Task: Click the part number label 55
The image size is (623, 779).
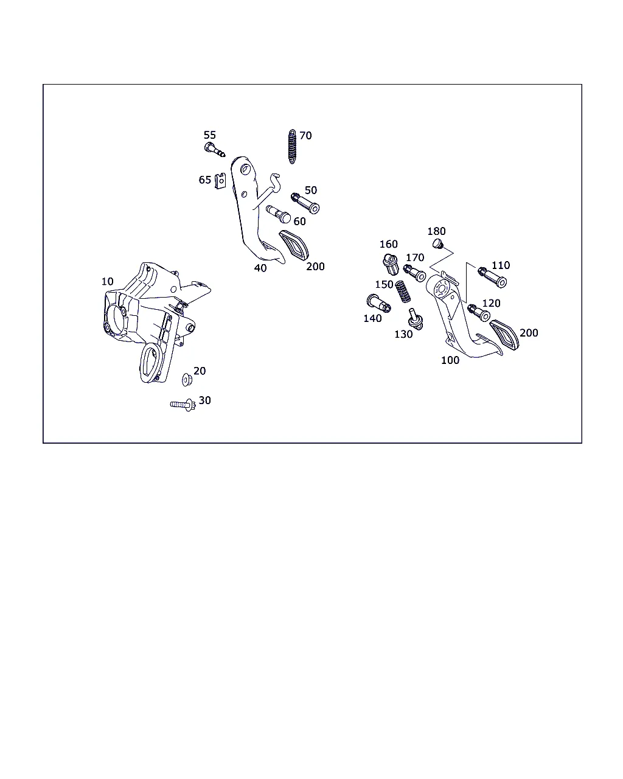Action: click(210, 135)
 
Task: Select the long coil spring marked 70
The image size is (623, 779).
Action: click(292, 147)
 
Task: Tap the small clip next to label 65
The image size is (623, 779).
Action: click(220, 181)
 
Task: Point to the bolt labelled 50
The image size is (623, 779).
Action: click(305, 203)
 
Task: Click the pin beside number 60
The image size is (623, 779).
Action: click(279, 214)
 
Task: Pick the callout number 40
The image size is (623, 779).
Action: click(260, 268)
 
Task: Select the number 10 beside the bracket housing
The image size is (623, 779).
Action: click(107, 281)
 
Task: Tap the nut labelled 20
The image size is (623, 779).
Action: click(187, 379)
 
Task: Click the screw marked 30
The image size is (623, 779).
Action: click(183, 404)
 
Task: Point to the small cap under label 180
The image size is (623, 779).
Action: click(438, 243)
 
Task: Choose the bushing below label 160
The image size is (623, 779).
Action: click(391, 264)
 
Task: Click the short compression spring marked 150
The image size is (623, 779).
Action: click(403, 292)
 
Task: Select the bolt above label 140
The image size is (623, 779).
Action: click(378, 304)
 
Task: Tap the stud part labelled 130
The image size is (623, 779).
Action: click(415, 319)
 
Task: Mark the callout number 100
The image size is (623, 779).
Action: click(450, 360)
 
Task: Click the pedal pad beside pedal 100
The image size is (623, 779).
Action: click(504, 335)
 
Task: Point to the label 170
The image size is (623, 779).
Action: click(415, 257)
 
